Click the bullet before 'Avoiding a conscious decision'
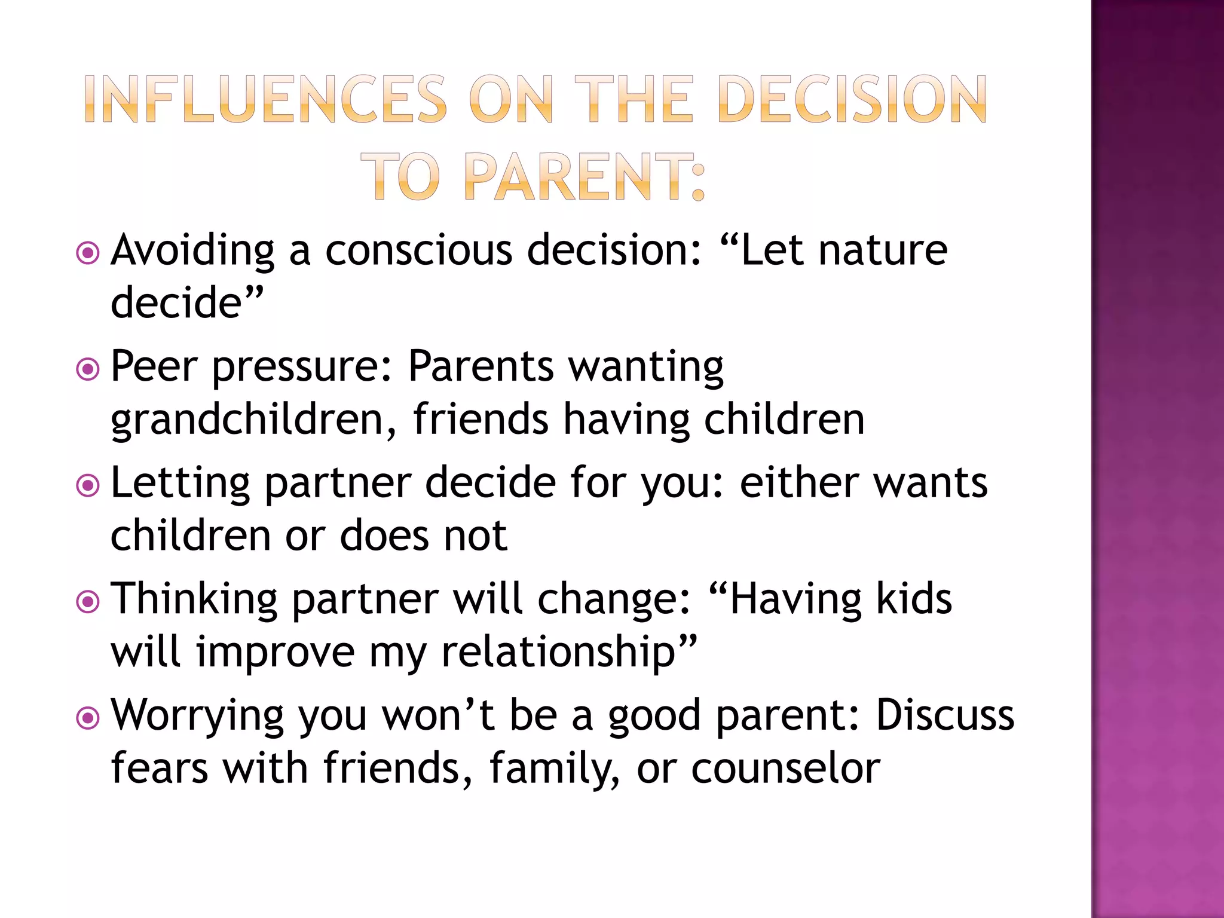88,253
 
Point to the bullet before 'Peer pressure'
88,369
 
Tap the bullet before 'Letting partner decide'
88,485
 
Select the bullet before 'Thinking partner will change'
88,601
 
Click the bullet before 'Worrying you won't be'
88,717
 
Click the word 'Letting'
180,483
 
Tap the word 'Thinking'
194,599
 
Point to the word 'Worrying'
197,716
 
